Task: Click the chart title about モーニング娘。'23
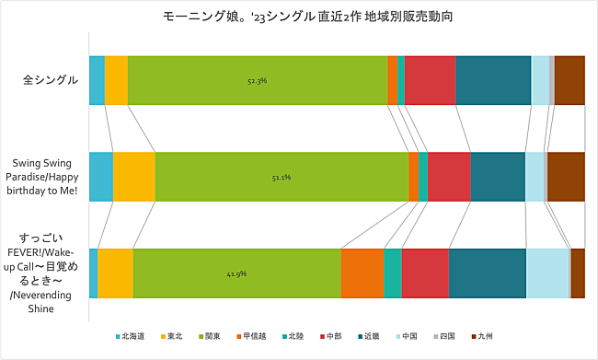(300, 17)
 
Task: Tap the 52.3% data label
(257, 81)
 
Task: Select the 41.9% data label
(236, 273)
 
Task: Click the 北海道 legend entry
(133, 335)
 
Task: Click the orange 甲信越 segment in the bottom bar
(362, 273)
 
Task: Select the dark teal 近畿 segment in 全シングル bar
(493, 80)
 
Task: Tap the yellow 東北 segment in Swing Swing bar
(134, 177)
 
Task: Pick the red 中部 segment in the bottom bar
(425, 273)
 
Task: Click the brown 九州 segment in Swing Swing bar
(566, 177)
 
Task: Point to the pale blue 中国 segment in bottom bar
(547, 273)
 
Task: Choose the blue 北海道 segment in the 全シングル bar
(97, 80)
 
